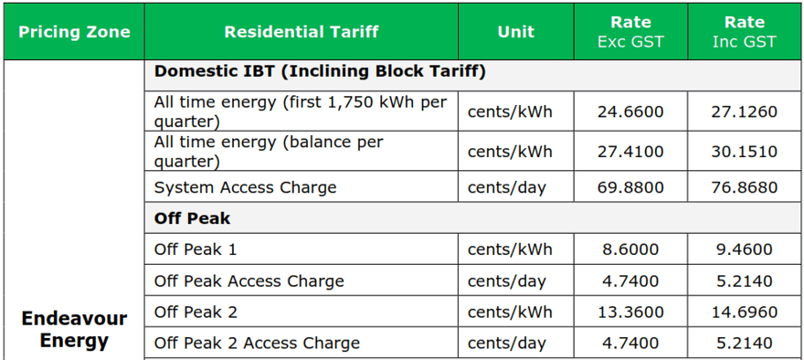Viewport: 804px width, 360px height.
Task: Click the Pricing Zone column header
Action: [74, 32]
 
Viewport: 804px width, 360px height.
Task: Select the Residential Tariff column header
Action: [301, 32]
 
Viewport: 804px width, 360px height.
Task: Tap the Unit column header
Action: [516, 32]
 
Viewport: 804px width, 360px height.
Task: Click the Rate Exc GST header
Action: [630, 32]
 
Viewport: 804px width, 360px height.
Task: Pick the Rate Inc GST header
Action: [745, 32]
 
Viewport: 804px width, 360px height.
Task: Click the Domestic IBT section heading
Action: [320, 72]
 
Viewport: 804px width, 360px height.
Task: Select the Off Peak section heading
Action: [192, 218]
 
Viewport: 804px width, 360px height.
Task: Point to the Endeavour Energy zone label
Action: [74, 329]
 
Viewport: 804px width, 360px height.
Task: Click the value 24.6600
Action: [630, 111]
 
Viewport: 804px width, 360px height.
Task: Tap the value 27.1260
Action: [745, 111]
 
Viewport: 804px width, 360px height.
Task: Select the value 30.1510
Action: [745, 152]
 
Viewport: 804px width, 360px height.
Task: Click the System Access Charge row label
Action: [245, 187]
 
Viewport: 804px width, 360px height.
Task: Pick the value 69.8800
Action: [630, 187]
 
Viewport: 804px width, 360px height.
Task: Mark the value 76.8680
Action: [745, 187]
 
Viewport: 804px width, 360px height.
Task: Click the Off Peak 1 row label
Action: [196, 249]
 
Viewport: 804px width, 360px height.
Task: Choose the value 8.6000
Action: [630, 249]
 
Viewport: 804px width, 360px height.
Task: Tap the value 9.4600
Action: [745, 249]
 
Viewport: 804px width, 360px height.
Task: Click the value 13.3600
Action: [630, 312]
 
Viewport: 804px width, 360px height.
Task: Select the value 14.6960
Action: [745, 312]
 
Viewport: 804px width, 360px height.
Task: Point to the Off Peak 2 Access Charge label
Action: [257, 343]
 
